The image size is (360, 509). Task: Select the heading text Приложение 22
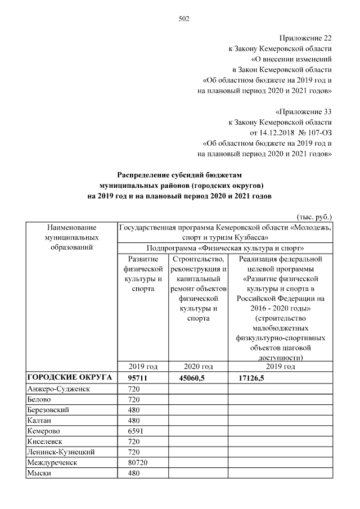click(304, 38)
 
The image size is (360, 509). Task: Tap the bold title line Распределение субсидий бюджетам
click(179, 175)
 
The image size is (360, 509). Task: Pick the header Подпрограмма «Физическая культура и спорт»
click(225, 247)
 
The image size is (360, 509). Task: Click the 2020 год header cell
click(197, 367)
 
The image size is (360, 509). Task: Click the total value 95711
click(137, 377)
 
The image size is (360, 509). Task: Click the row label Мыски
click(39, 473)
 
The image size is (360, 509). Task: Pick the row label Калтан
click(39, 420)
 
